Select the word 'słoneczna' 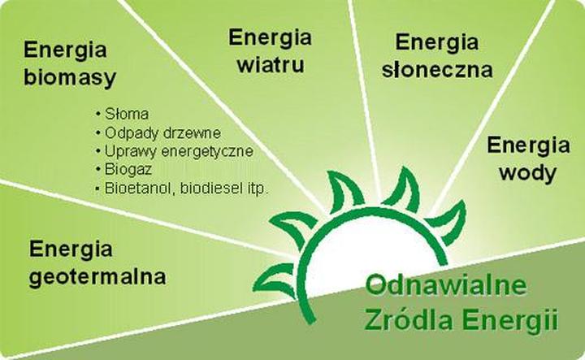coord(437,69)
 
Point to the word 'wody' coord(527,172)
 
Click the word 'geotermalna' coord(97,276)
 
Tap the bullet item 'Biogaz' coord(128,169)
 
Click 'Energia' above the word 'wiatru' coord(270,37)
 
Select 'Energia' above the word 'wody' coord(528,145)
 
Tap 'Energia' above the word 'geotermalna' coord(71,248)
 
